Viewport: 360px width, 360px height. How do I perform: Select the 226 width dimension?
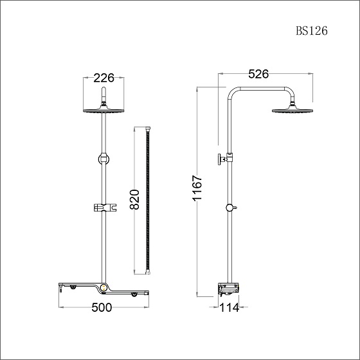[104, 78]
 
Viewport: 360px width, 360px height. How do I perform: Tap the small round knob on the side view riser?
[230, 208]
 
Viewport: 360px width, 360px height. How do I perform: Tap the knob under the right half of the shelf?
[134, 294]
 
